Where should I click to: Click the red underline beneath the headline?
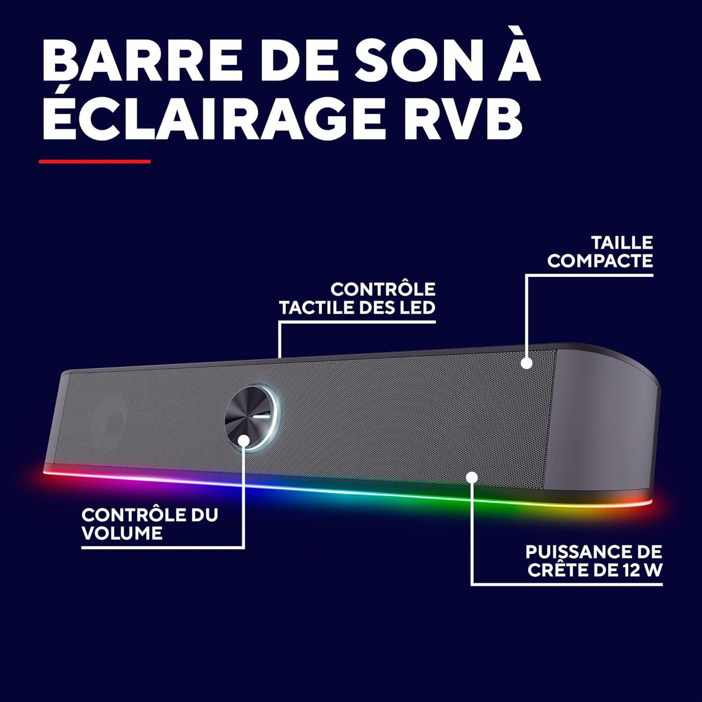(x=95, y=161)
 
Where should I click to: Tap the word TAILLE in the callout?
(x=622, y=243)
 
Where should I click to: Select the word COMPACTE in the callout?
(x=600, y=261)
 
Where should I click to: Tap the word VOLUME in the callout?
(x=122, y=533)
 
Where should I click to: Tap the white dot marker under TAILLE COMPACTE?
(x=527, y=363)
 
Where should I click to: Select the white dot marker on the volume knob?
(x=244, y=440)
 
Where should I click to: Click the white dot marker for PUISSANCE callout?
(x=472, y=477)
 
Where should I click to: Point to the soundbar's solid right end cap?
(x=604, y=421)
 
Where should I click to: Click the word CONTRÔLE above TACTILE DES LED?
(x=383, y=289)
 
